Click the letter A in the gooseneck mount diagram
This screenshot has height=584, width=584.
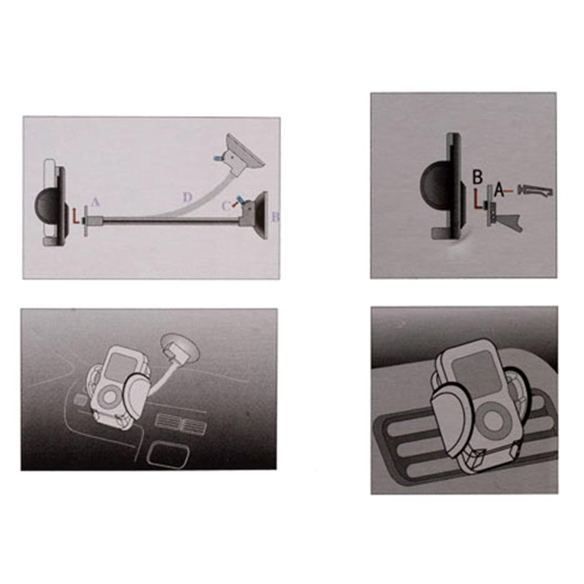pyautogui.click(x=96, y=202)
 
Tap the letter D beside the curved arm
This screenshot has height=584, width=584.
pyautogui.click(x=188, y=197)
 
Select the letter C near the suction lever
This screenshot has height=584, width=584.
pyautogui.click(x=226, y=206)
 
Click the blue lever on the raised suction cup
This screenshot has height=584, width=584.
pyautogui.click(x=217, y=158)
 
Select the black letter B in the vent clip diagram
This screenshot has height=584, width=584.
pyautogui.click(x=477, y=177)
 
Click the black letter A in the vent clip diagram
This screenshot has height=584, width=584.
pyautogui.click(x=499, y=191)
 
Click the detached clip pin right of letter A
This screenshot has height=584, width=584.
pyautogui.click(x=534, y=191)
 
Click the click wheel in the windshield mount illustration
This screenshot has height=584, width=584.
pyautogui.click(x=110, y=396)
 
